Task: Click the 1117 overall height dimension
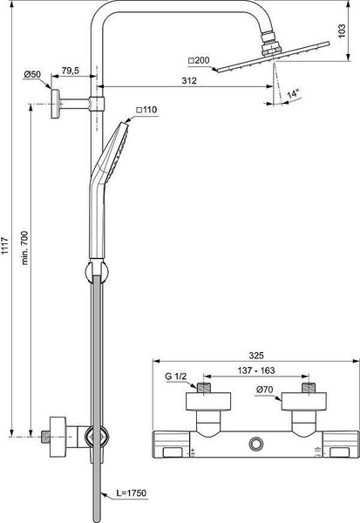coord(5,246)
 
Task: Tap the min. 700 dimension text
coord(25,248)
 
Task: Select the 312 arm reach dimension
coord(189,81)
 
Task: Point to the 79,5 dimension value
coord(71,71)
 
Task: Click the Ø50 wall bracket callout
coord(32,74)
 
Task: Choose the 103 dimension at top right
coord(343,31)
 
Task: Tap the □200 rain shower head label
coord(199,60)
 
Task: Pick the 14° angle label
coord(293,92)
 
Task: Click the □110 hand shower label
coord(146,110)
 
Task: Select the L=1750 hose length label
coord(131,492)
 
